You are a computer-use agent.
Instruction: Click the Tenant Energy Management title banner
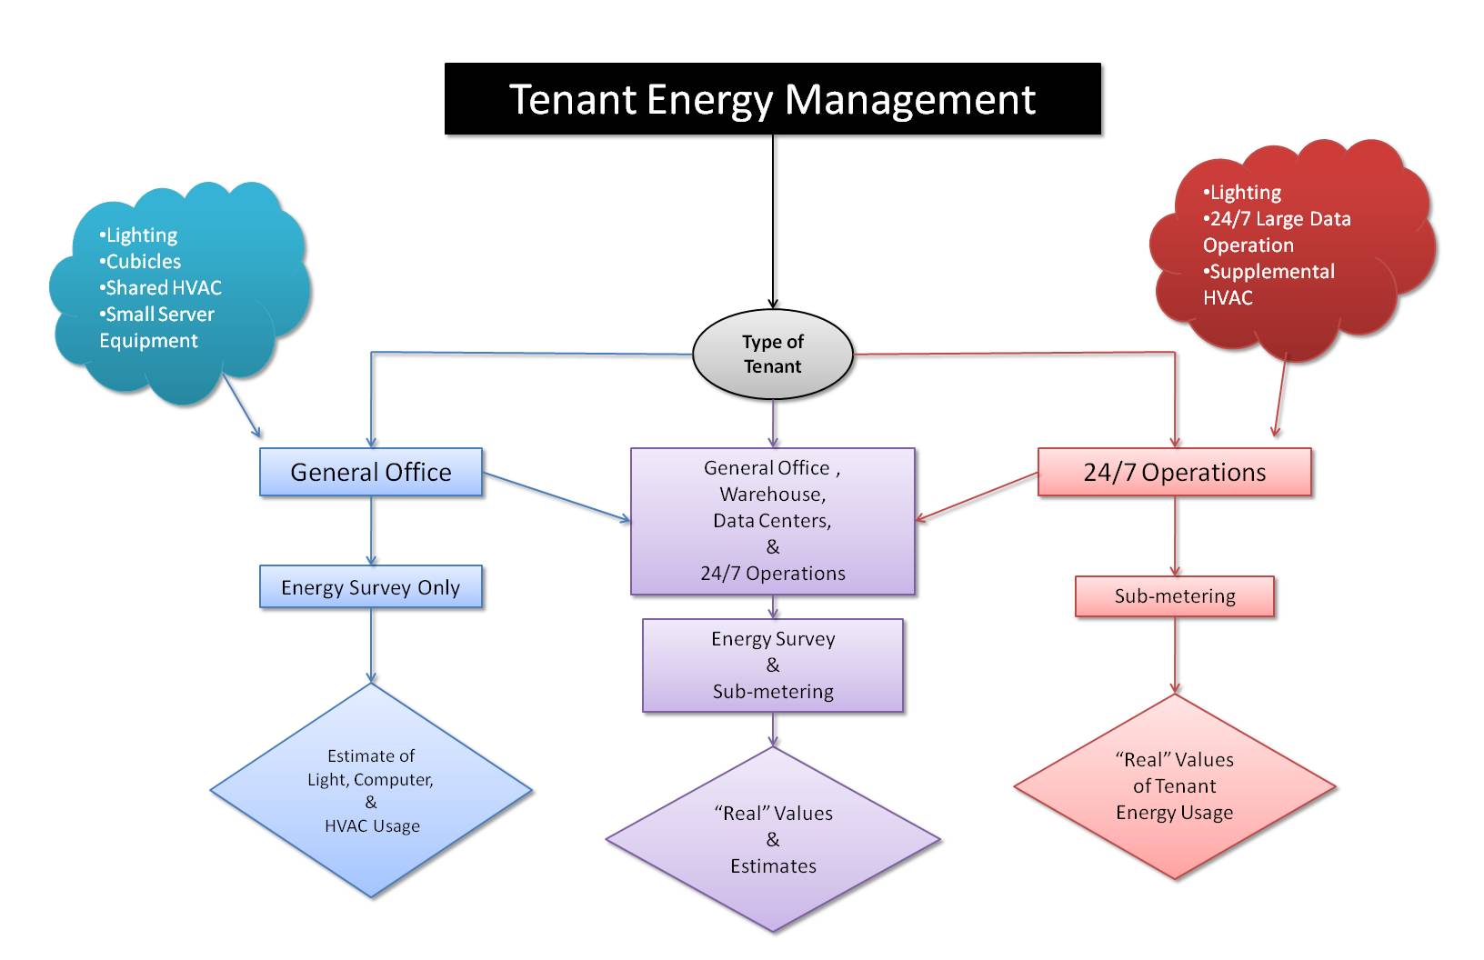click(x=772, y=99)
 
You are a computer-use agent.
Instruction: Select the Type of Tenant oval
click(x=772, y=354)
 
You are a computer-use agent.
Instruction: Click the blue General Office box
click(x=370, y=472)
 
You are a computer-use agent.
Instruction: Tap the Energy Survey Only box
click(x=370, y=587)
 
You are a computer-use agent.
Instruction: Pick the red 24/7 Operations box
click(x=1174, y=472)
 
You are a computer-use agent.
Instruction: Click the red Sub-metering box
click(x=1174, y=596)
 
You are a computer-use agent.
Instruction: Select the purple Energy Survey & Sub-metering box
click(x=772, y=665)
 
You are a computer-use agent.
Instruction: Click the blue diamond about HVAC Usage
click(x=371, y=790)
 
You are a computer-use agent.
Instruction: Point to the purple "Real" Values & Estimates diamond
click(x=773, y=839)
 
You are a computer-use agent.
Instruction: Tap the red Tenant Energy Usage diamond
click(x=1174, y=786)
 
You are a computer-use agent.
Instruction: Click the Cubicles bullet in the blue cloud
click(x=143, y=262)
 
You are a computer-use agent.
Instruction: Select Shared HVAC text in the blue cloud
click(x=163, y=288)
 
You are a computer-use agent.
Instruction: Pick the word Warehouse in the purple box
click(x=772, y=495)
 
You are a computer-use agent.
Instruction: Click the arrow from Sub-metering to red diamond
click(x=1175, y=655)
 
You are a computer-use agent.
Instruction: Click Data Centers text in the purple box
click(x=771, y=521)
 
